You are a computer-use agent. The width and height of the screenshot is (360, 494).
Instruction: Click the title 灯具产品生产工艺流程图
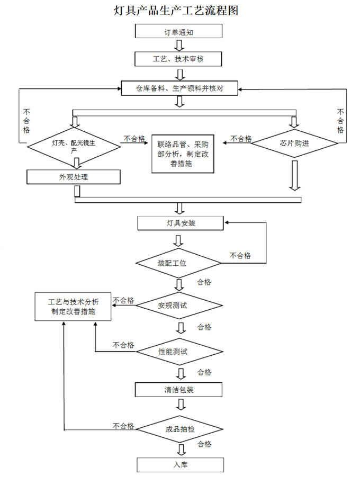tap(176, 10)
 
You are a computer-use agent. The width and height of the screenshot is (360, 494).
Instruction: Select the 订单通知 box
tap(178, 31)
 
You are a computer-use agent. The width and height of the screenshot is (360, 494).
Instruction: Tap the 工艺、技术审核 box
tap(178, 59)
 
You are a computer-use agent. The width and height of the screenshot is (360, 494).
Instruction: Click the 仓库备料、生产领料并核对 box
tap(179, 88)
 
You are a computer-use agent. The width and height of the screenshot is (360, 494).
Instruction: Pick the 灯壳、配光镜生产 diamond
tap(74, 144)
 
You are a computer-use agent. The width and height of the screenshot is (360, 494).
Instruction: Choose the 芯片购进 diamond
tap(294, 142)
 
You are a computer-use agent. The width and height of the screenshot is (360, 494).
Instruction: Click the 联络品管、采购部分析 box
tap(183, 154)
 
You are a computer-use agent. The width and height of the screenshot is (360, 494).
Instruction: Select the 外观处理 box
tap(74, 177)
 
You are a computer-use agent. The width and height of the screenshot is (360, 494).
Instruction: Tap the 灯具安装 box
tap(181, 223)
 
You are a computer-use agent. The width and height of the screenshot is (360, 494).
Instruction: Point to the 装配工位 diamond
tap(178, 263)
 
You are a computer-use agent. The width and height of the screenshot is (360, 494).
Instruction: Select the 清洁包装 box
tap(178, 390)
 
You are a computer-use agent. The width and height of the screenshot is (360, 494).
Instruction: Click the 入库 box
tap(180, 465)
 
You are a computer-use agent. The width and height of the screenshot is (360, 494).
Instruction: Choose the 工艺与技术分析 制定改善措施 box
tap(73, 307)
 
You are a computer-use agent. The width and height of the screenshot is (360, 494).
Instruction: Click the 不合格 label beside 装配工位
tap(240, 256)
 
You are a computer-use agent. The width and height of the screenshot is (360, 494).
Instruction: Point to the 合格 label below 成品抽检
tap(204, 443)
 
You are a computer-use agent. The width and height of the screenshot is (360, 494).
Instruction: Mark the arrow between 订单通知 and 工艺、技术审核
tap(180, 45)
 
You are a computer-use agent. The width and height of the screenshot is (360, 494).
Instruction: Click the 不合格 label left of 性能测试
tap(123, 345)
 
